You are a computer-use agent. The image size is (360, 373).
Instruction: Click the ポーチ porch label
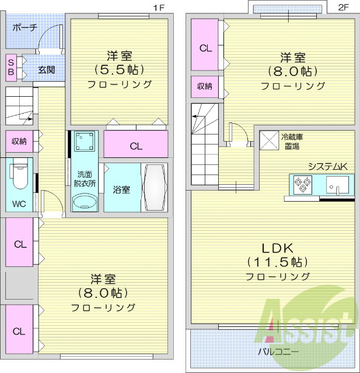point(24,27)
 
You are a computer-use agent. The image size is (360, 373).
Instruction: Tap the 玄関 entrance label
point(47,70)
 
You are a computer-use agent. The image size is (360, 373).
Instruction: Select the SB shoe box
point(12,66)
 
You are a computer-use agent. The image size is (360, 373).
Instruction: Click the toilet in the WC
point(18,174)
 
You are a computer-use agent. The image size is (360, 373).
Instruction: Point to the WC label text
point(19,205)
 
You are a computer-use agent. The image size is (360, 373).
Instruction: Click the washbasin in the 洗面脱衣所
point(85,202)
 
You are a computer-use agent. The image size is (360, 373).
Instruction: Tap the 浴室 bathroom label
point(121,189)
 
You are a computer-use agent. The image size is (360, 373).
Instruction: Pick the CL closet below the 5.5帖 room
point(135,146)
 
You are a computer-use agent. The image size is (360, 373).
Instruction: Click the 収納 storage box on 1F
point(19,141)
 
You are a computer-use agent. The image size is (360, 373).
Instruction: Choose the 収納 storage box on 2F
point(204,86)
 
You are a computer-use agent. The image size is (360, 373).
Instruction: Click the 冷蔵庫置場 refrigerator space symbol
point(269,141)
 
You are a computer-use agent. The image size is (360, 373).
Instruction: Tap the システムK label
point(327,167)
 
